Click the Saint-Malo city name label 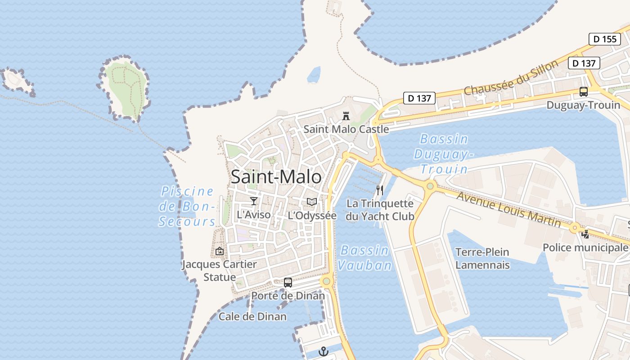(x=276, y=177)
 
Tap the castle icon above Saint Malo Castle (x=346, y=116)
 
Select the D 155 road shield (x=604, y=39)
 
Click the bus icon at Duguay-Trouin (x=584, y=92)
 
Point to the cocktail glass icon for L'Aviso (x=254, y=201)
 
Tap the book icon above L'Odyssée (x=312, y=202)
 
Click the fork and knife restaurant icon (x=380, y=190)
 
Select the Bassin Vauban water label (x=364, y=258)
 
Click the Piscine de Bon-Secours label (x=187, y=206)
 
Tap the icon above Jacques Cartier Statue (x=220, y=251)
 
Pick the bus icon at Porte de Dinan (x=288, y=283)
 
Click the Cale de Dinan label (x=252, y=317)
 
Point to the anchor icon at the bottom (x=323, y=351)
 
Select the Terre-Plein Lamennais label (x=482, y=258)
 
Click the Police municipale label (x=585, y=247)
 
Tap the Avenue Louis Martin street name (x=508, y=209)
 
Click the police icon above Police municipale (x=585, y=234)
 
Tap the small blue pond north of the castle (x=314, y=75)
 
